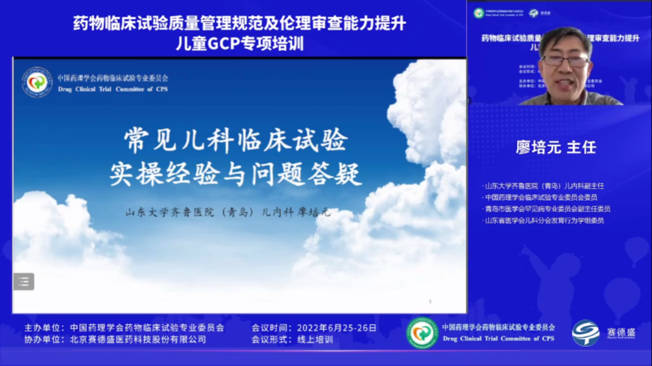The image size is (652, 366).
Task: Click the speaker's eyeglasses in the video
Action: pos(566,61)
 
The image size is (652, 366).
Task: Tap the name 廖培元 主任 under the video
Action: pos(555,148)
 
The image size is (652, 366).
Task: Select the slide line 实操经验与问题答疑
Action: pos(236,175)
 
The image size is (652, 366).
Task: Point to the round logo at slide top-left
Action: pos(37,83)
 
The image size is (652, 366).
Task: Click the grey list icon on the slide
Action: pos(24,281)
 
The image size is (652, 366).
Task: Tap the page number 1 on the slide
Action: pos(430,301)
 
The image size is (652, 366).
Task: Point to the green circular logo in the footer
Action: pos(422,333)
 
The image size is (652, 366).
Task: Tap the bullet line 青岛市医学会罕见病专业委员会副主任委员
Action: pos(547,209)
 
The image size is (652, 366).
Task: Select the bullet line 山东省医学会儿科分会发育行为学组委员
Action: pos(543,220)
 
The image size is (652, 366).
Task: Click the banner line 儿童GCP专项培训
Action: pos(239,43)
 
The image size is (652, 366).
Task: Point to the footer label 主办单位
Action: pos(43,328)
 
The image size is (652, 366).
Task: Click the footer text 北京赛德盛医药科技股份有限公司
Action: pos(138,339)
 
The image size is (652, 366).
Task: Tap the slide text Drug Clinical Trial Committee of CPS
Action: pos(113,89)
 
